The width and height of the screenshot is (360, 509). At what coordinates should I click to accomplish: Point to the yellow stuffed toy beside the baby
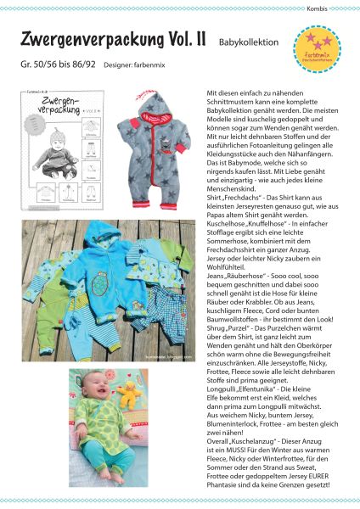click(132, 392)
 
